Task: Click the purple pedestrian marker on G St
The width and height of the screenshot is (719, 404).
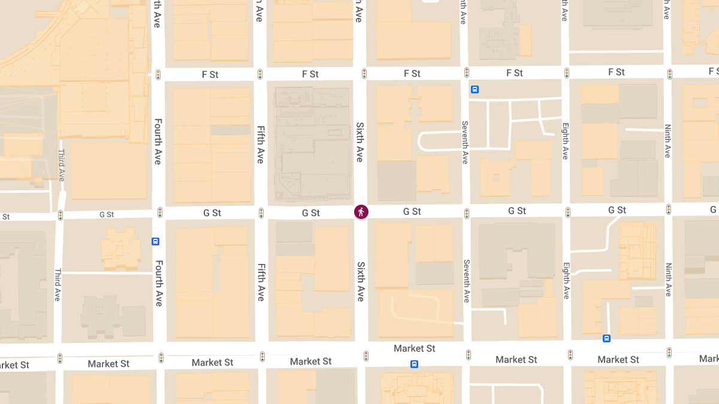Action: (361, 212)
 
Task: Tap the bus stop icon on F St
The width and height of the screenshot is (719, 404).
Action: (475, 90)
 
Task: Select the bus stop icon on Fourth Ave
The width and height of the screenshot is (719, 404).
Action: (155, 242)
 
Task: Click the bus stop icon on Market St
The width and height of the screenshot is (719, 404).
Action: (414, 364)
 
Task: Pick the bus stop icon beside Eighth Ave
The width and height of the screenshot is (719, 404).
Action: (606, 338)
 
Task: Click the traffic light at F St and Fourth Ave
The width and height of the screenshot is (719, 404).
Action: (158, 75)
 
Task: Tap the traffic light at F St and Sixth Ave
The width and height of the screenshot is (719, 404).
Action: (364, 74)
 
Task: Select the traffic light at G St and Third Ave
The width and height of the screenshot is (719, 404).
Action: (60, 215)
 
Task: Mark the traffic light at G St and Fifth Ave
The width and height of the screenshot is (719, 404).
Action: (261, 213)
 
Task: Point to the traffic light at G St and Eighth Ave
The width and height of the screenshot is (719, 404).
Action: (567, 212)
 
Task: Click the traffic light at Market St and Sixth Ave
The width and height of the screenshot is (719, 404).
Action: (365, 356)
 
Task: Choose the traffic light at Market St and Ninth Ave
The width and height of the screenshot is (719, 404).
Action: (669, 353)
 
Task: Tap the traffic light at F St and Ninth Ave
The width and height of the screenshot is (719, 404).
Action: (670, 74)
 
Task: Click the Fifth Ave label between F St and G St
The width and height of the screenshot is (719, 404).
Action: (260, 144)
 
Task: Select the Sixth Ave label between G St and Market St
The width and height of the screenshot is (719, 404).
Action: (361, 281)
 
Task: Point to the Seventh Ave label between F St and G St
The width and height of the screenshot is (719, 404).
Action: (464, 142)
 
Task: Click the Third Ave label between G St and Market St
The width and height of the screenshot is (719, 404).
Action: (58, 284)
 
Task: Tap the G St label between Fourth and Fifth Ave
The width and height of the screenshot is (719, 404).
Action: (212, 213)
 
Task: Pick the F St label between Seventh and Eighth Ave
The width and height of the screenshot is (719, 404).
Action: (515, 73)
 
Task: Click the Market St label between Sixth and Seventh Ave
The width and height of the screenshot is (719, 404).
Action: (415, 348)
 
